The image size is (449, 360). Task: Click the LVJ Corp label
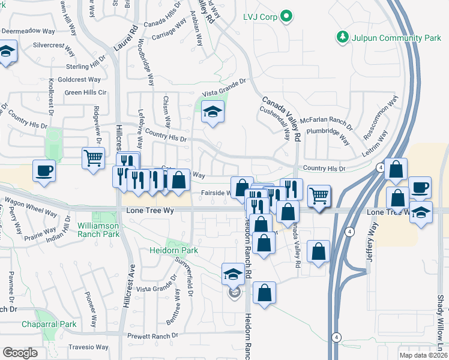pos(260,17)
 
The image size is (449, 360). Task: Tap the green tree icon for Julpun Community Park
pos(343,37)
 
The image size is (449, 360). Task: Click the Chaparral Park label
pos(49,324)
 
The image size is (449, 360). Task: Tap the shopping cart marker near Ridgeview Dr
pos(93,159)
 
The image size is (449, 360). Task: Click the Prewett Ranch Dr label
pos(154,335)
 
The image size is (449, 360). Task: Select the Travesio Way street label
pos(88,347)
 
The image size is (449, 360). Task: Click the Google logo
pos(20,353)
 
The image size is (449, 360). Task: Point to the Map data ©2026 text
pos(423,355)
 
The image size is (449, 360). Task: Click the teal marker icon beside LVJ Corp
pos(287,16)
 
